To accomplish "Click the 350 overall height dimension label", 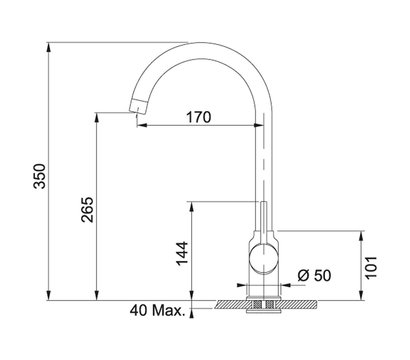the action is [x=40, y=176].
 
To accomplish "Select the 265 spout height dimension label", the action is [x=88, y=210].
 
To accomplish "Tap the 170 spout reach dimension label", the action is [x=198, y=117].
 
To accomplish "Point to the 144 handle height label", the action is [x=182, y=254].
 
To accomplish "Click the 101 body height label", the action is [x=371, y=267].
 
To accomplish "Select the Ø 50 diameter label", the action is [x=314, y=275].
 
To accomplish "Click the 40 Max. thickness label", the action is [x=157, y=311].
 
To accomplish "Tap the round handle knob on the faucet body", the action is [x=263, y=259].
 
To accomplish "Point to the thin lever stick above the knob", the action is [x=263, y=223].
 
